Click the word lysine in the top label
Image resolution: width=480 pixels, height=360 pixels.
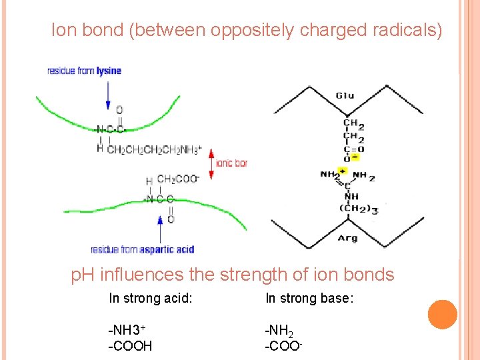(x=109, y=71)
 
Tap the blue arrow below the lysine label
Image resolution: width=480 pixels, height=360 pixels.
(x=108, y=93)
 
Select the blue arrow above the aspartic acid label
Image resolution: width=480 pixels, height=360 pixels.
(x=159, y=229)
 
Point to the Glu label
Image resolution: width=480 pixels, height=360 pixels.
(x=345, y=95)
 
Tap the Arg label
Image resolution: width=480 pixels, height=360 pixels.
(x=347, y=238)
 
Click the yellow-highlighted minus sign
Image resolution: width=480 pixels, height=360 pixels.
(x=355, y=157)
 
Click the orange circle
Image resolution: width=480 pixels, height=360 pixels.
(x=442, y=314)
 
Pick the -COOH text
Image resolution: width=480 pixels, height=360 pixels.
(x=130, y=346)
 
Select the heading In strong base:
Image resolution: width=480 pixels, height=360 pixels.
(x=309, y=298)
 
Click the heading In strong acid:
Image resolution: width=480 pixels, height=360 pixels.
(x=151, y=298)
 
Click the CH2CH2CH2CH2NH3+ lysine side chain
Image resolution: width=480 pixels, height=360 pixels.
(x=153, y=150)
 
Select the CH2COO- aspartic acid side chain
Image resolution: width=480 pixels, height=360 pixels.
(x=177, y=179)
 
